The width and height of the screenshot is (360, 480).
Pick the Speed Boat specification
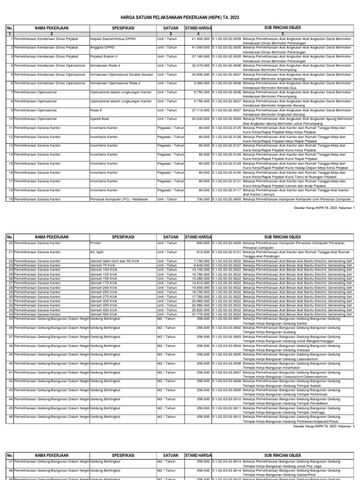(x=99, y=119)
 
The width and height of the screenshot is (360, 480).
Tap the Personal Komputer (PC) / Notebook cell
(x=119, y=199)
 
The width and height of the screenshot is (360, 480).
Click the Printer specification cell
(x=96, y=243)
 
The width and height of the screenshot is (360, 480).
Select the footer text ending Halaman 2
(x=324, y=427)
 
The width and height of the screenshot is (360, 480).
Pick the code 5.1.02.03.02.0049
(x=227, y=119)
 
